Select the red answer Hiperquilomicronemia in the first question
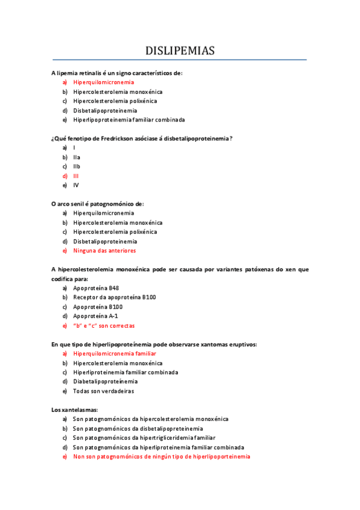point(103,82)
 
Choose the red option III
point(76,176)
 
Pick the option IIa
point(77,158)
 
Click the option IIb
point(77,167)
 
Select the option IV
point(76,185)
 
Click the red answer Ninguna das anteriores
point(105,251)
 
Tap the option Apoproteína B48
point(96,288)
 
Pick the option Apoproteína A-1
point(96,316)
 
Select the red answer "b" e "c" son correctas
point(104,325)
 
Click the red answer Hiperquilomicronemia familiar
point(115,354)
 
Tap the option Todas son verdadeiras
point(103,391)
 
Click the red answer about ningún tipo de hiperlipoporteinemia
point(162,456)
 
